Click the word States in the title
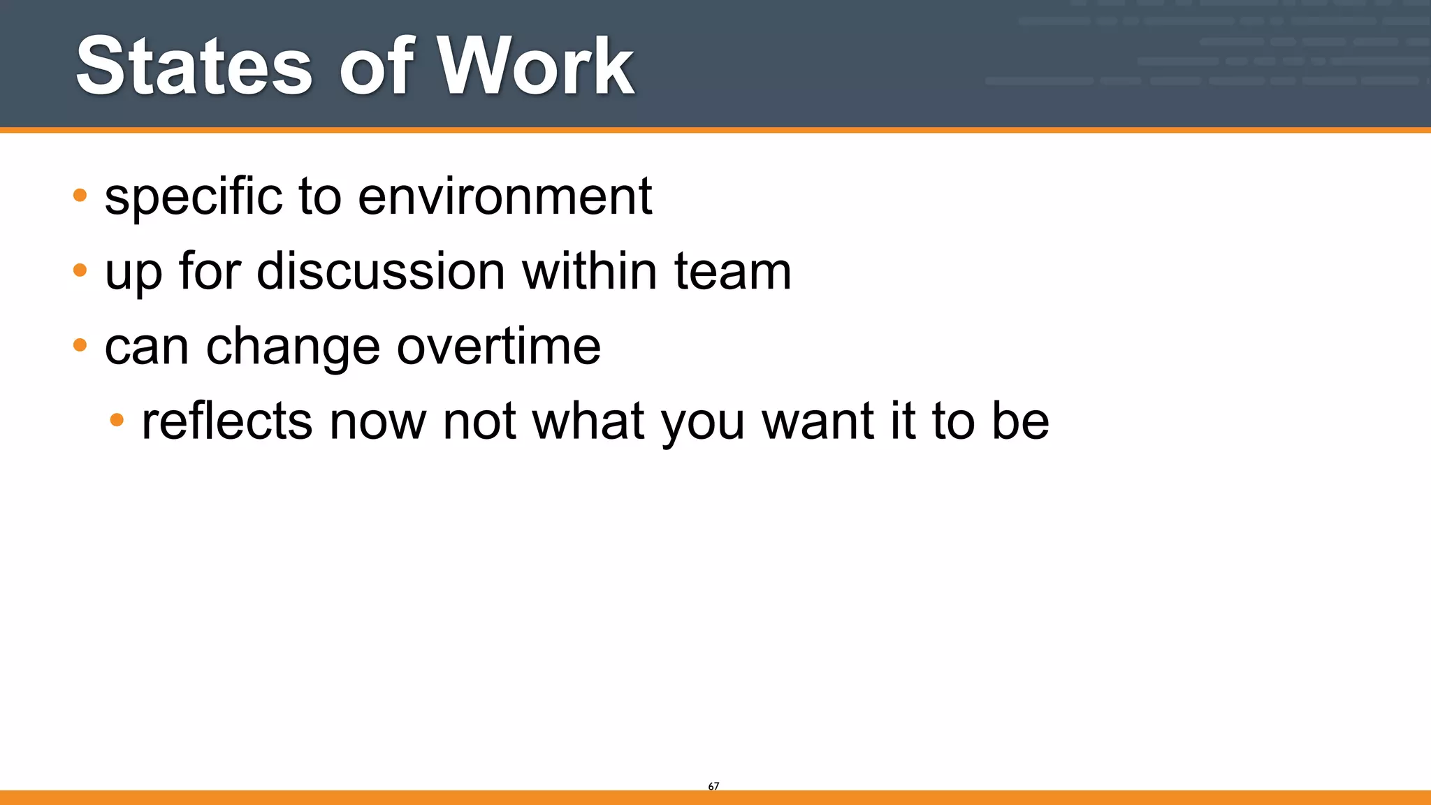[x=194, y=66]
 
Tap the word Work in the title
[x=536, y=66]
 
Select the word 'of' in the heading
[x=377, y=66]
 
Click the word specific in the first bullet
[x=194, y=196]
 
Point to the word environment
[x=504, y=196]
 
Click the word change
[x=293, y=347]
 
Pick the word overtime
[x=498, y=347]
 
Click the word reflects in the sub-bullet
[x=226, y=421]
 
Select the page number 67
[x=713, y=786]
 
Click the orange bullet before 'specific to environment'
[x=80, y=195]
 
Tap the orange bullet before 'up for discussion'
[x=80, y=270]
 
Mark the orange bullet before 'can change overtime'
[x=80, y=345]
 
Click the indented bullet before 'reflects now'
[x=117, y=420]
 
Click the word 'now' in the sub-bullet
[x=377, y=421]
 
